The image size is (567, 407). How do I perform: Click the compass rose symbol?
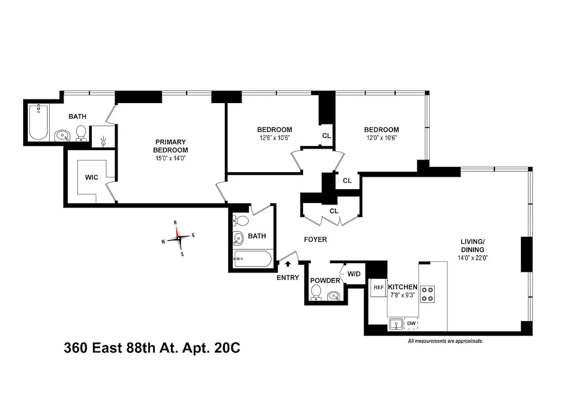click(x=178, y=238)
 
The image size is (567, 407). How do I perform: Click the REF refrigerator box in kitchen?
click(x=378, y=287)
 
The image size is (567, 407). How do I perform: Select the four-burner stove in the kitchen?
click(x=427, y=294)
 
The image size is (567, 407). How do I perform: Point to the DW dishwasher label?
click(x=411, y=323)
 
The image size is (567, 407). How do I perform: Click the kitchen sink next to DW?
click(x=396, y=324)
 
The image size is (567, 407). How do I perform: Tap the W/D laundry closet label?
click(x=354, y=274)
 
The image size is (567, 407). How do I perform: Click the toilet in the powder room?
click(x=316, y=292)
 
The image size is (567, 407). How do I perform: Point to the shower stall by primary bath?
click(x=103, y=137)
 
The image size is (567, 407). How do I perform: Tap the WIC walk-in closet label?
click(x=91, y=177)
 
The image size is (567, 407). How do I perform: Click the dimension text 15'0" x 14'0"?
click(x=170, y=158)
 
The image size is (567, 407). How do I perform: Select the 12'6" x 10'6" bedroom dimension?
click(x=274, y=138)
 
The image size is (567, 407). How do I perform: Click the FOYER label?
click(x=315, y=239)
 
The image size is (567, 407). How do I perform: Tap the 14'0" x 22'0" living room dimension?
click(x=472, y=258)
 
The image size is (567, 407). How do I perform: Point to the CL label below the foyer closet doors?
click(x=334, y=211)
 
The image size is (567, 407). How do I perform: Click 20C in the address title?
click(x=227, y=348)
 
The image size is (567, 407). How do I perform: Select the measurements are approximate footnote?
click(x=445, y=341)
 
